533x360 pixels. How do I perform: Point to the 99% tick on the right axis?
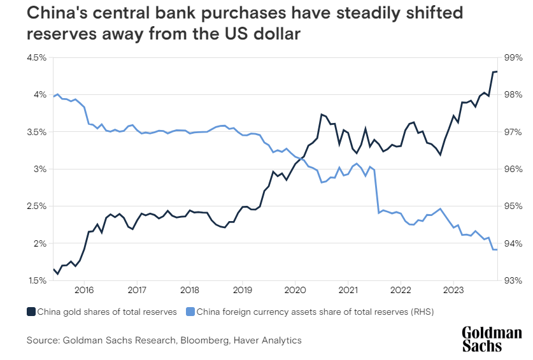pyautogui.click(x=513, y=58)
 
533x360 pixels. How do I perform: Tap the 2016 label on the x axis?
pyautogui.click(x=84, y=291)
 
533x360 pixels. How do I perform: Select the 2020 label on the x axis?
pyautogui.click(x=295, y=291)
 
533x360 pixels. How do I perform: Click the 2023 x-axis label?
pyautogui.click(x=453, y=291)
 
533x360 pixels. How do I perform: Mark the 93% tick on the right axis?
pyautogui.click(x=513, y=280)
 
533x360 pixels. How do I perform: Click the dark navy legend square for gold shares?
pyautogui.click(x=31, y=312)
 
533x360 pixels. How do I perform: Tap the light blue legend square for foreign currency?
pyautogui.click(x=190, y=312)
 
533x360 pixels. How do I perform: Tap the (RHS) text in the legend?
pyautogui.click(x=420, y=312)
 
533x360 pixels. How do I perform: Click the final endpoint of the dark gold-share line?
pyautogui.click(x=497, y=71)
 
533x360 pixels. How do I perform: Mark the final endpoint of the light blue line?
pyautogui.click(x=497, y=250)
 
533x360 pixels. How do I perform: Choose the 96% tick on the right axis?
pyautogui.click(x=513, y=169)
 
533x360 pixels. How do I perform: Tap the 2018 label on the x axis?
pyautogui.click(x=189, y=291)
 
